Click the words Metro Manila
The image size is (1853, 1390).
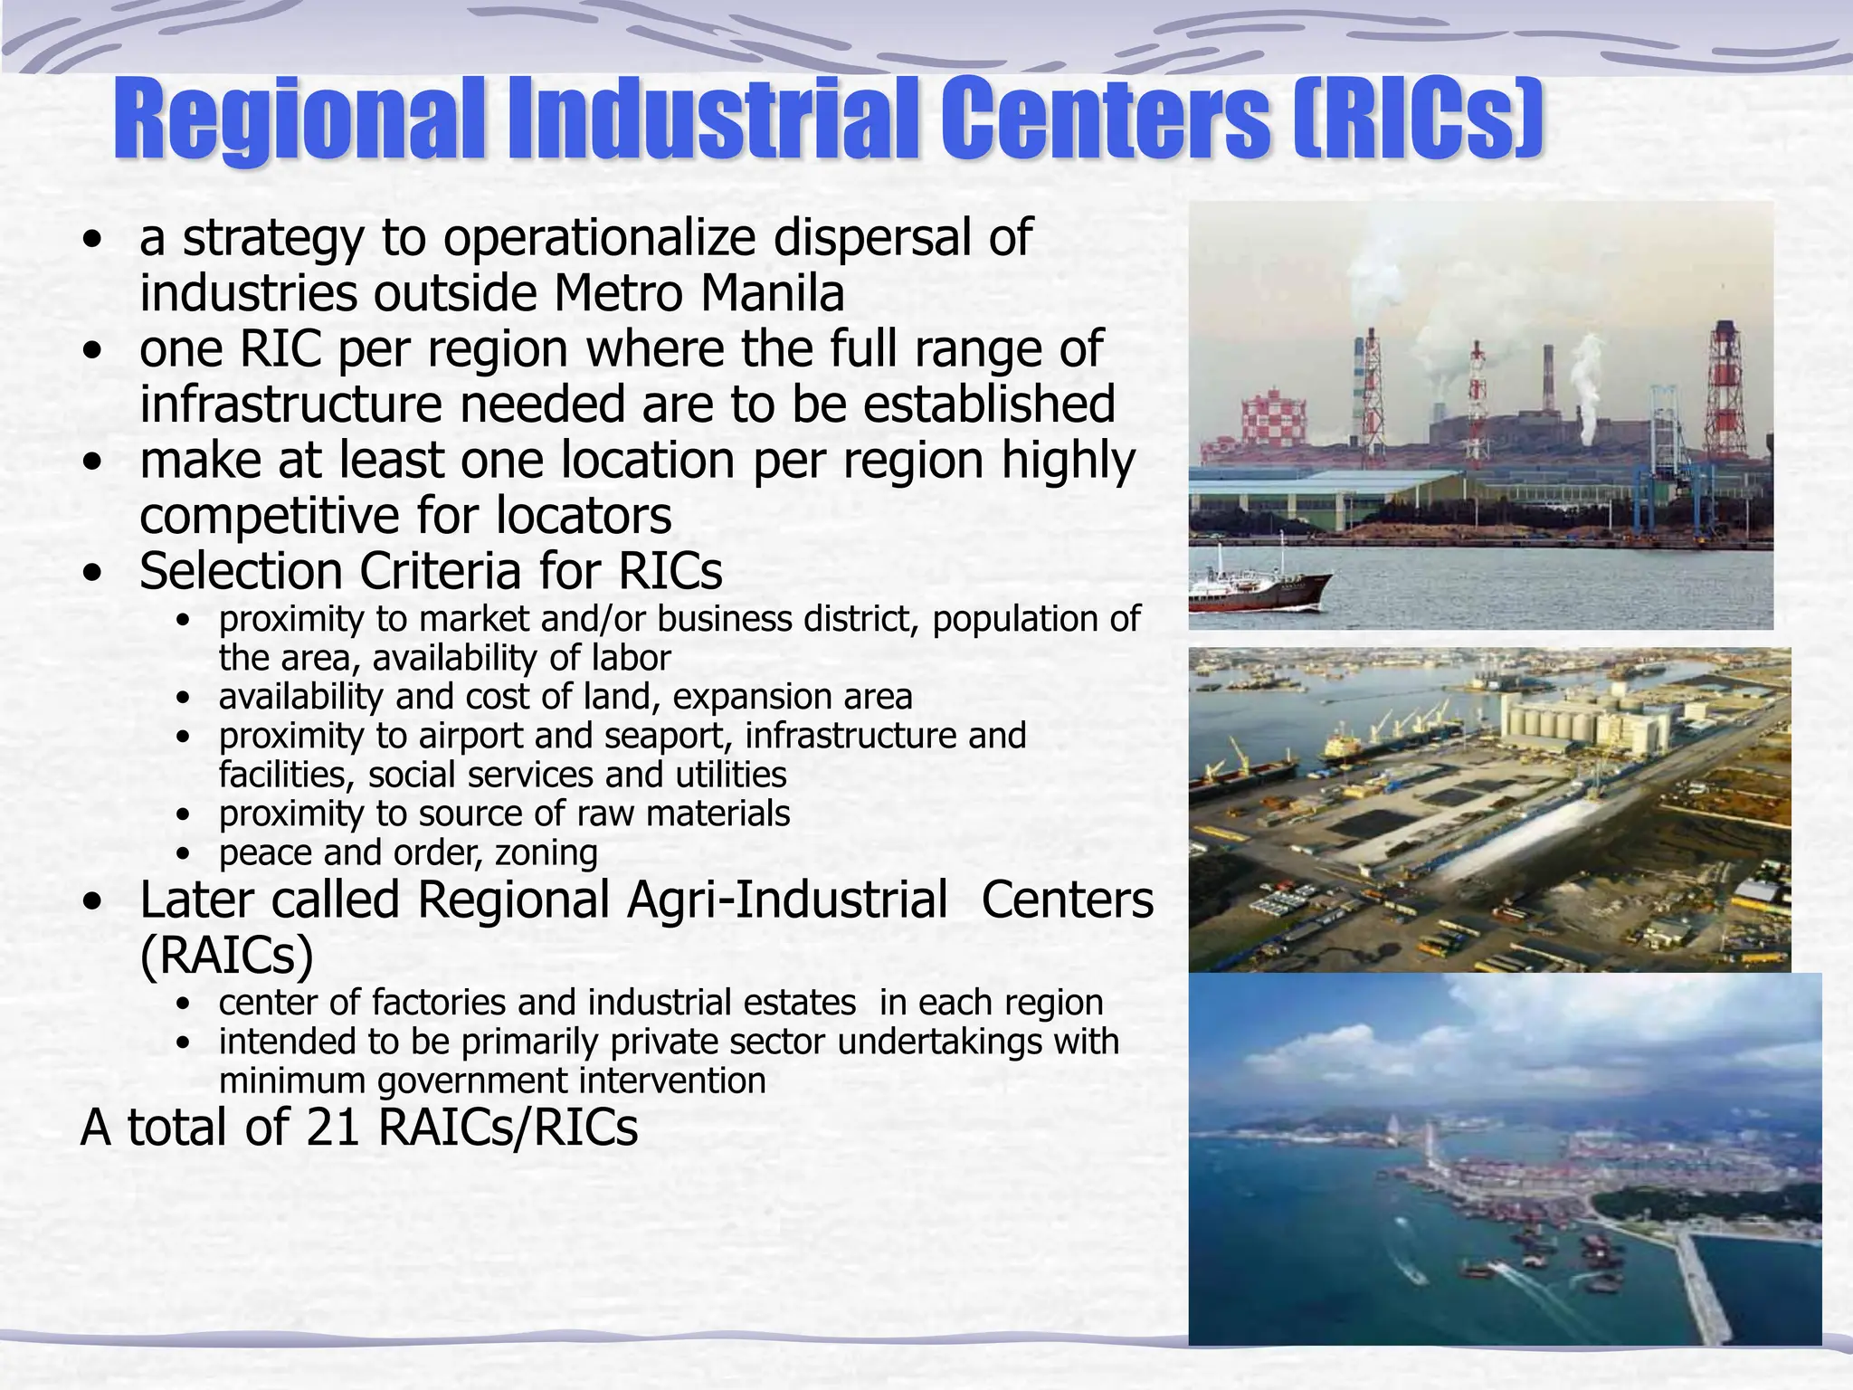point(698,293)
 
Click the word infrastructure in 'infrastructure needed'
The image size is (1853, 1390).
point(290,404)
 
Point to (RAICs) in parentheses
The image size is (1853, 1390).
point(226,956)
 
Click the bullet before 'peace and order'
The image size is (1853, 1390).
point(185,853)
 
